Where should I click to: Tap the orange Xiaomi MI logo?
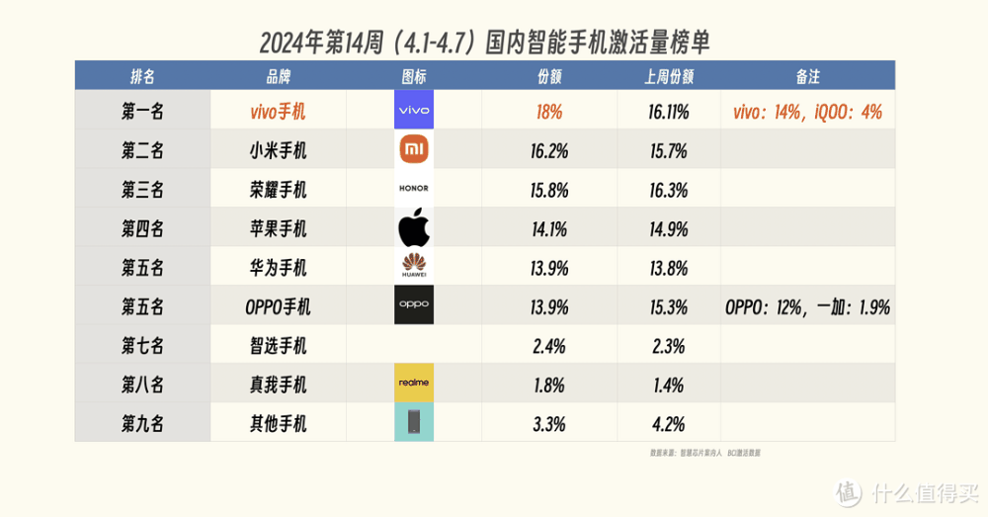click(x=413, y=150)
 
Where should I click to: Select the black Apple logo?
click(x=414, y=228)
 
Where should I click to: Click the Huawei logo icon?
click(x=413, y=267)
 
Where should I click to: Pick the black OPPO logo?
click(x=413, y=305)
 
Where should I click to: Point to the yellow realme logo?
click(x=413, y=383)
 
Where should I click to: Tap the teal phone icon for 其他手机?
click(x=413, y=422)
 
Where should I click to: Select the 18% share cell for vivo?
click(x=549, y=112)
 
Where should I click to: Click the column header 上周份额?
click(x=668, y=76)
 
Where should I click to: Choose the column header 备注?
click(x=808, y=76)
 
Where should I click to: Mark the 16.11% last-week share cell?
click(x=668, y=112)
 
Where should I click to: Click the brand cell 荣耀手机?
click(x=279, y=190)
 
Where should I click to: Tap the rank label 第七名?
click(x=143, y=345)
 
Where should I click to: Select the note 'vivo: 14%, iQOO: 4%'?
click(x=807, y=112)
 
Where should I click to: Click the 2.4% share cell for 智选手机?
click(x=549, y=345)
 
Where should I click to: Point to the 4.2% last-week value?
click(x=668, y=423)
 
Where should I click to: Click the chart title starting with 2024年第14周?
click(x=485, y=43)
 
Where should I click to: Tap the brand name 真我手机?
click(x=279, y=384)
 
